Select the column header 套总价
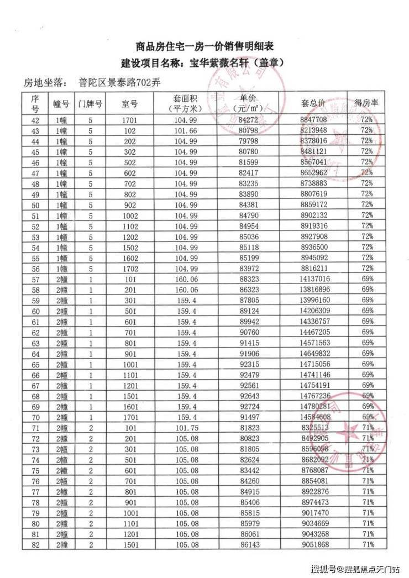click(313, 103)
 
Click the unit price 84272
click(248, 119)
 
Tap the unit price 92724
click(248, 406)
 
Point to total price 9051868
click(313, 545)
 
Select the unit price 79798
click(248, 141)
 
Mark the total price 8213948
click(313, 130)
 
